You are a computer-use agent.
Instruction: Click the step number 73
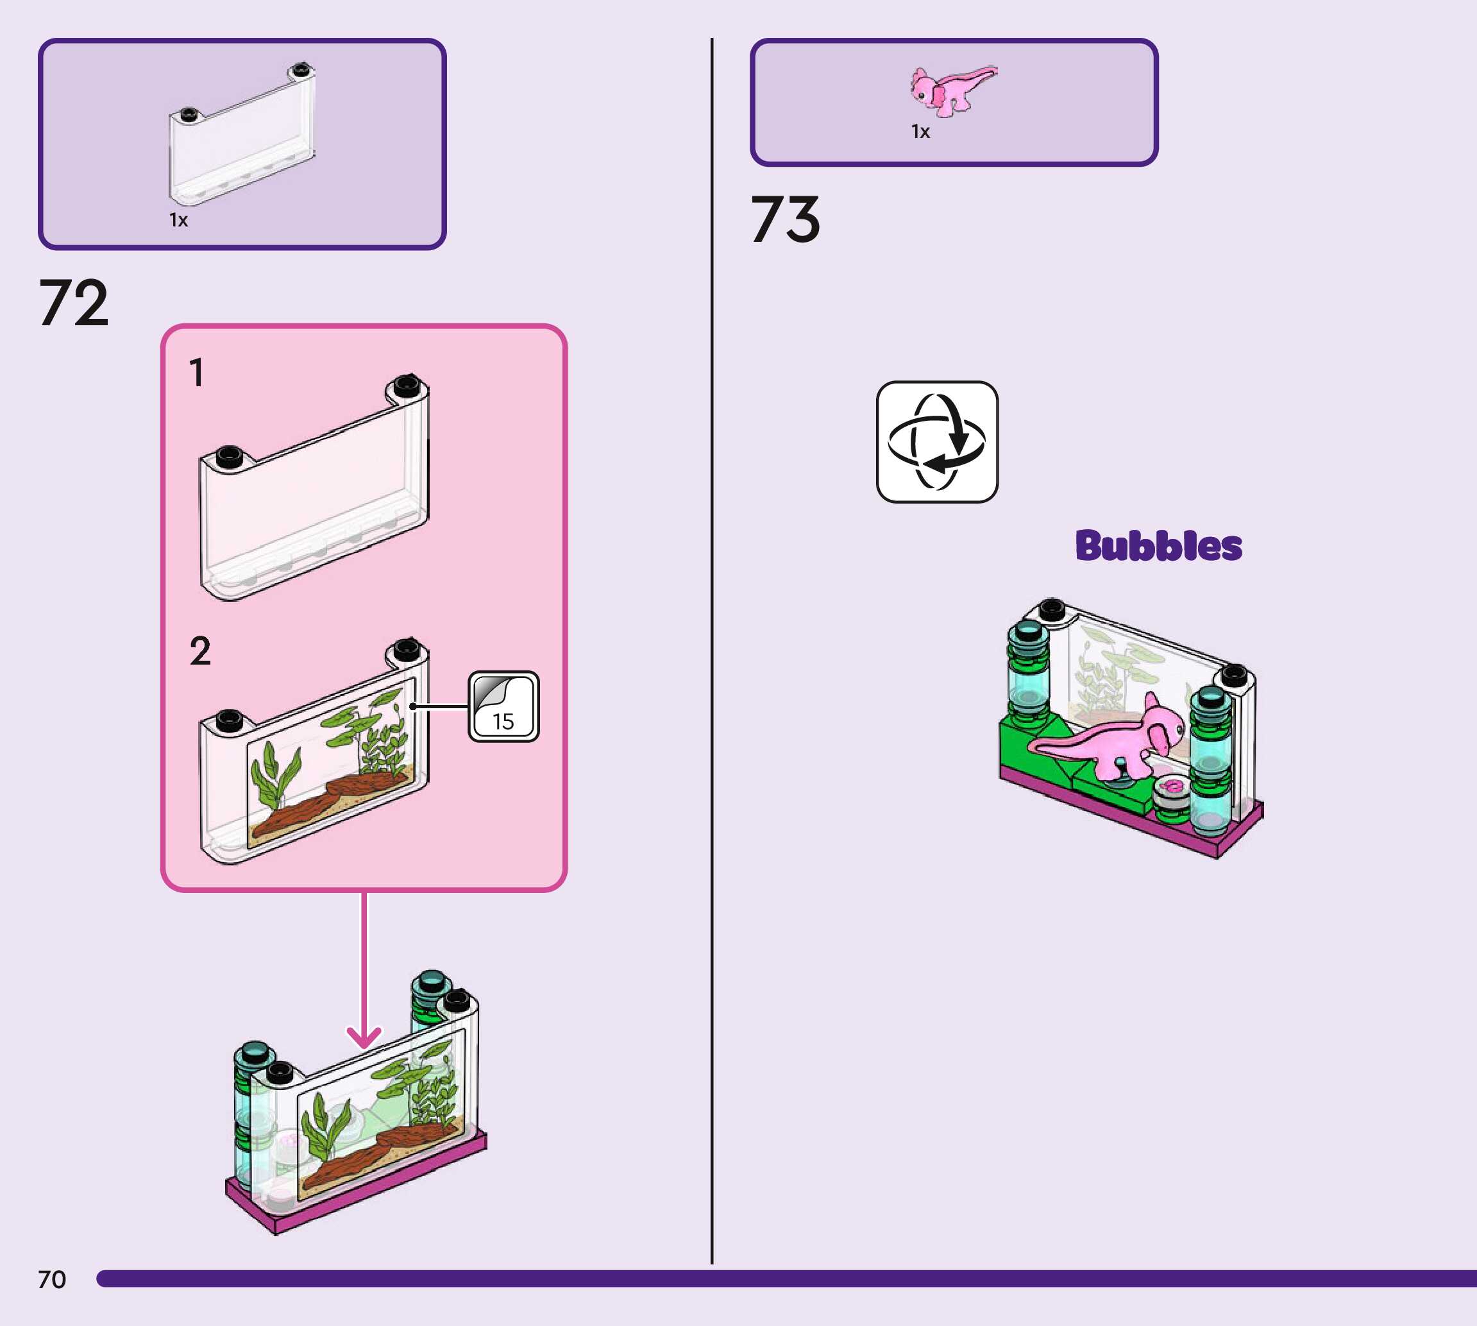785,219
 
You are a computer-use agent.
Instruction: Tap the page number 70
52,1279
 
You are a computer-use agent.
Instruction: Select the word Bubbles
1158,546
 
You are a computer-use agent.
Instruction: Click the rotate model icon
936,441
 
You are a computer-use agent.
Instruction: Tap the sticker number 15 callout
503,706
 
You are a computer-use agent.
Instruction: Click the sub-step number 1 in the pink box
196,372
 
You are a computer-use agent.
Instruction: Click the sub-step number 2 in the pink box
199,650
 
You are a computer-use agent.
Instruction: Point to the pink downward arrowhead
364,1036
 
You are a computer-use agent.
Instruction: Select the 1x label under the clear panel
178,220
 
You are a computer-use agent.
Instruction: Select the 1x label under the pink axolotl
920,132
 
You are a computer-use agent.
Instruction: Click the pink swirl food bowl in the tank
1172,789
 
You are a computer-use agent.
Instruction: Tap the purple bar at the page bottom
786,1279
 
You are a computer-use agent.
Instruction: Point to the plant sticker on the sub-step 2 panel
332,761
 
